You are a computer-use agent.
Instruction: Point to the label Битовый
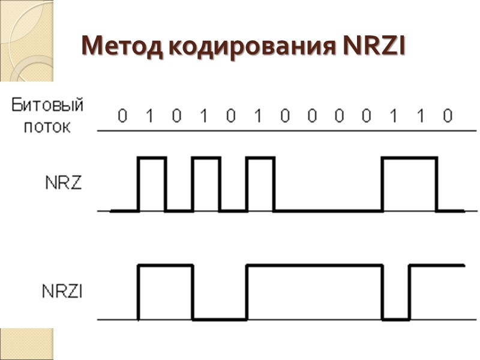(47, 106)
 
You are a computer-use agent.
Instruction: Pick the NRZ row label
(64, 184)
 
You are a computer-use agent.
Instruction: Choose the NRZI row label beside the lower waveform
(63, 292)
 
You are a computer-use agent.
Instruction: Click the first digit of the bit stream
(122, 115)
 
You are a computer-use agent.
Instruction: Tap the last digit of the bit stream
(447, 115)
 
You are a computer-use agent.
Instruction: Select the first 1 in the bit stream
(149, 115)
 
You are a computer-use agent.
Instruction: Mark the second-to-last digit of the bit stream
(421, 115)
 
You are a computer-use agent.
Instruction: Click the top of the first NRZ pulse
(152, 158)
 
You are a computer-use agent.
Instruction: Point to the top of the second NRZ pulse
(206, 158)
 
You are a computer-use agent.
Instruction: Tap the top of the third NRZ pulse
(260, 158)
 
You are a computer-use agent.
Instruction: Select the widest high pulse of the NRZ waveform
(409, 158)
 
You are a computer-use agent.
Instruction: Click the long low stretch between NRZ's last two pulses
(328, 211)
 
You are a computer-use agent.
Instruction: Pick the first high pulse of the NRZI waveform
(166, 265)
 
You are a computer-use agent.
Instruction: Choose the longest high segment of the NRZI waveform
(314, 265)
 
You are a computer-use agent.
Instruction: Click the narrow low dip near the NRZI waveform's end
(395, 319)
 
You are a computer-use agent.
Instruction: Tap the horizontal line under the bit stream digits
(288, 130)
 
